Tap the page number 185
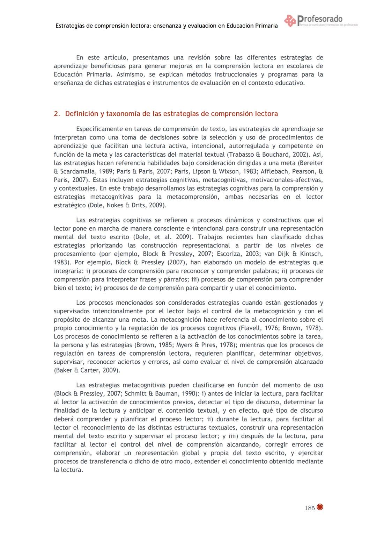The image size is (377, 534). pyautogui.click(x=309, y=508)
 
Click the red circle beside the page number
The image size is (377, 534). pyautogui.click(x=320, y=507)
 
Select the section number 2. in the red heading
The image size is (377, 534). pyautogui.click(x=57, y=114)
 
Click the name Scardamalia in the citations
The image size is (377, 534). pyautogui.click(x=75, y=171)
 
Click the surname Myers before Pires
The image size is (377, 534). pyautogui.click(x=182, y=345)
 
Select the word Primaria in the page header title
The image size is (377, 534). pyautogui.click(x=264, y=26)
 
